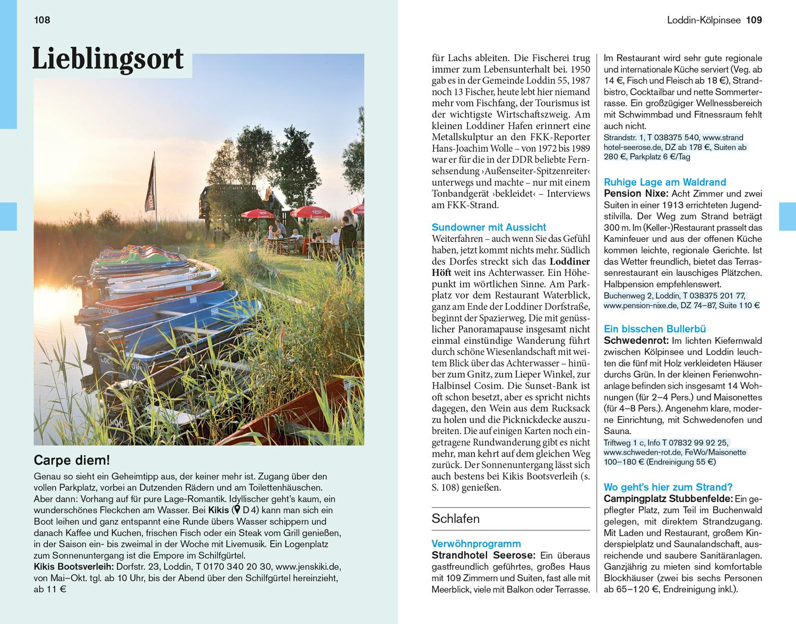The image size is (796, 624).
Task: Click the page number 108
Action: [x=42, y=20]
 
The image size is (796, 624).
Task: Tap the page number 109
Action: [x=754, y=20]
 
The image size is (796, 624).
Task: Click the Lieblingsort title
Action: [x=108, y=59]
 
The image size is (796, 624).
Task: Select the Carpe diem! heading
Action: [x=72, y=460]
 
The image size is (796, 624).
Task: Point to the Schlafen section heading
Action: [x=456, y=518]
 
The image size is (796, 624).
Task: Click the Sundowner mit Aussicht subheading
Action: [x=489, y=227]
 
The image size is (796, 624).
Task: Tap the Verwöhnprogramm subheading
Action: [x=476, y=543]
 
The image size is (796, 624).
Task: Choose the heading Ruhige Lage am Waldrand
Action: [x=665, y=182]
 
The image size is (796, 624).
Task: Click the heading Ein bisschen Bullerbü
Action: [x=655, y=329]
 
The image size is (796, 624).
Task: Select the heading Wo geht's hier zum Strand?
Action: [x=668, y=487]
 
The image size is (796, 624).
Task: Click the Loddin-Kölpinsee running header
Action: [x=704, y=20]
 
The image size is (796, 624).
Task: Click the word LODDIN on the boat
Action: [x=110, y=310]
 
